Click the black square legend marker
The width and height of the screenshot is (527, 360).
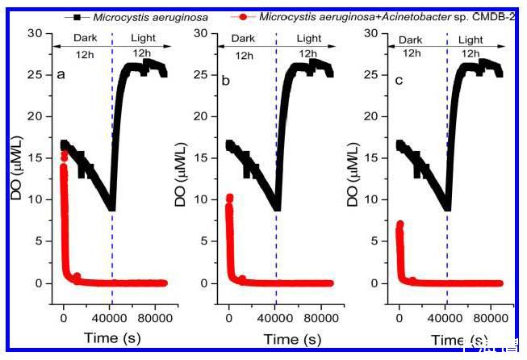(77, 15)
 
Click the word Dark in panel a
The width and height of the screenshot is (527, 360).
(84, 39)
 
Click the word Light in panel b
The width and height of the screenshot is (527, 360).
(308, 39)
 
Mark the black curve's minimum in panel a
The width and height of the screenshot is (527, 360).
(111, 207)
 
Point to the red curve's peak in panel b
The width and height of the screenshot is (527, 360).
(229, 197)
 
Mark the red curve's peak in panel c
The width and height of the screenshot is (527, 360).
(399, 224)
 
